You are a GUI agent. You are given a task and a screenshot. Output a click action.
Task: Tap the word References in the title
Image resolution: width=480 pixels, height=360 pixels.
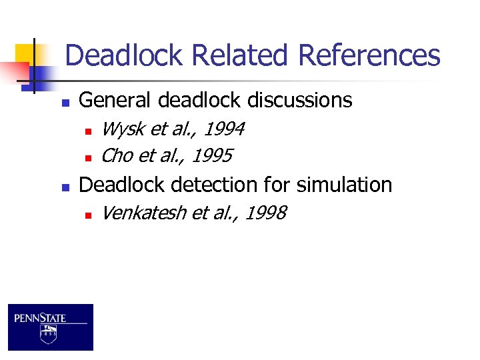(x=369, y=55)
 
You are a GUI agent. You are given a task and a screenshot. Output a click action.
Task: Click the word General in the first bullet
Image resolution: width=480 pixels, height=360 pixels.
(x=115, y=100)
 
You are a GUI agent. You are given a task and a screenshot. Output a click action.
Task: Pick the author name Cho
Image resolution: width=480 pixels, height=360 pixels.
(x=117, y=156)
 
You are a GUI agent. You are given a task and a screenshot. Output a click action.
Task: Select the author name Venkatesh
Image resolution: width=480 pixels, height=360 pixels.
(x=144, y=213)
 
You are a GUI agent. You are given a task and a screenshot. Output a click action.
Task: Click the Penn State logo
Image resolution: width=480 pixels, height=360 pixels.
(x=51, y=327)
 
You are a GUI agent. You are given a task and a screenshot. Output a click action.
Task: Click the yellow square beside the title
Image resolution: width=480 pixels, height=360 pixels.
(x=25, y=53)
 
